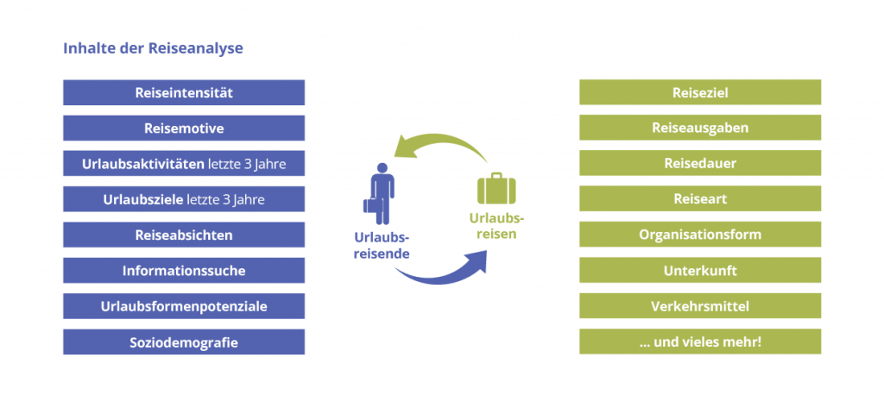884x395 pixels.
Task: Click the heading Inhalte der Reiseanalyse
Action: [x=153, y=48]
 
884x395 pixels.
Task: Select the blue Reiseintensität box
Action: [x=184, y=92]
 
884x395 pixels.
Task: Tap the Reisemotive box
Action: [x=184, y=128]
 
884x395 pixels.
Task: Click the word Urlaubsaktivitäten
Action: [x=142, y=164]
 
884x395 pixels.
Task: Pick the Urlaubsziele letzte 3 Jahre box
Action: [x=184, y=199]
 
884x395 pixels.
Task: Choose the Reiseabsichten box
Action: [x=184, y=235]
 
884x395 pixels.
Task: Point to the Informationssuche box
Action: [x=184, y=271]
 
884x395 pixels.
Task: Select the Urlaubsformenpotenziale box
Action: [x=184, y=306]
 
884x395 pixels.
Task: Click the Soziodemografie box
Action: [x=184, y=342]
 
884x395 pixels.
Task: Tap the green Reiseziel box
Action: [x=700, y=92]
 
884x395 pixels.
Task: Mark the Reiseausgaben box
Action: [x=700, y=128]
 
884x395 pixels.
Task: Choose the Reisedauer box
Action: [x=700, y=163]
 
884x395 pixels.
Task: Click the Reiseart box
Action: [x=700, y=199]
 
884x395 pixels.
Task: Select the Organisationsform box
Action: [x=700, y=235]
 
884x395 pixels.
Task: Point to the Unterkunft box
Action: [x=700, y=271]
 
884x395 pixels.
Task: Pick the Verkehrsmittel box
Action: [x=700, y=306]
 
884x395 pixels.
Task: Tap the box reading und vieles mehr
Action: [x=700, y=342]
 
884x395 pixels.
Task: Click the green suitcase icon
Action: [x=496, y=188]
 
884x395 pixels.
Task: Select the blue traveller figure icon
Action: [x=380, y=194]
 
